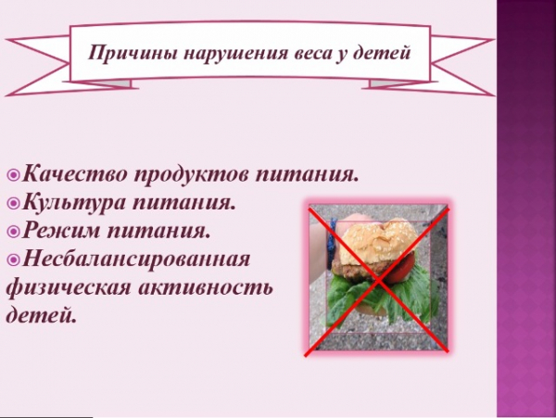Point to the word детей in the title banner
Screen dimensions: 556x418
tap(382, 53)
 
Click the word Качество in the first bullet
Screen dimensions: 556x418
tap(75, 173)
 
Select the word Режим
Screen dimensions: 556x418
tap(61, 231)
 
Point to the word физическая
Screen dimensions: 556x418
tap(69, 287)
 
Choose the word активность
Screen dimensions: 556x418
tap(206, 287)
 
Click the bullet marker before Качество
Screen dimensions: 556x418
tap(14, 175)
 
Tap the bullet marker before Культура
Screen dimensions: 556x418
tap(14, 203)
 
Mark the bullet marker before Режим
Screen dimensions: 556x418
tap(14, 232)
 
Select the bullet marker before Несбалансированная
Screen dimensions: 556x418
tap(14, 260)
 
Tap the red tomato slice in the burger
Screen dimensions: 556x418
tap(402, 269)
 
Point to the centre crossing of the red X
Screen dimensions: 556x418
tap(379, 280)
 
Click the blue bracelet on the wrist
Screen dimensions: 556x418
tap(333, 245)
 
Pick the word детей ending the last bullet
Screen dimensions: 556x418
tap(42, 315)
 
